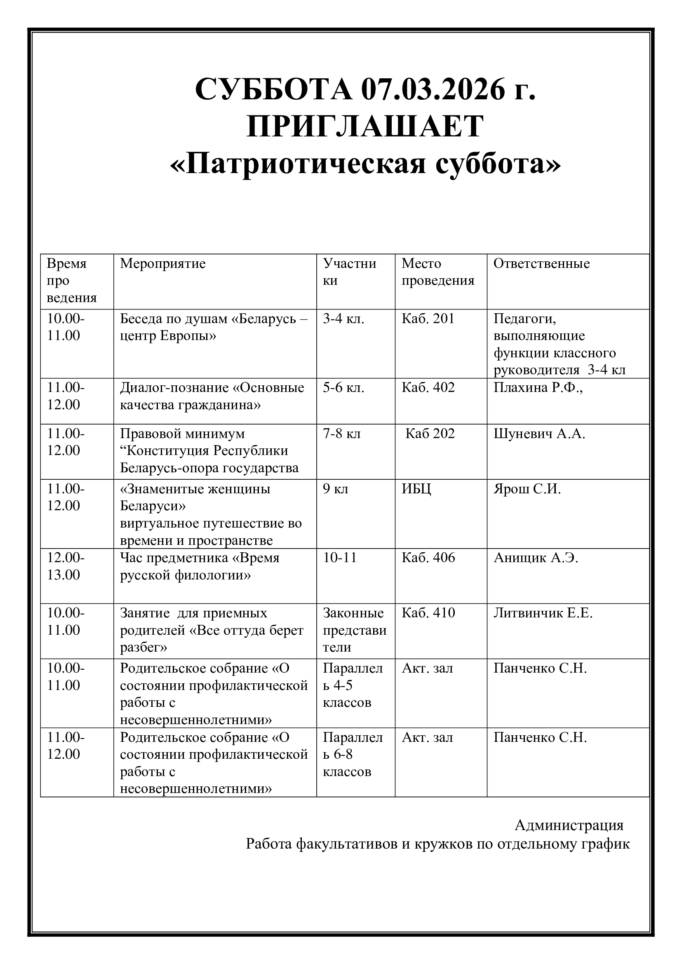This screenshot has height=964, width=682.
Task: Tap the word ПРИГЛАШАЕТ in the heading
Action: pyautogui.click(x=365, y=127)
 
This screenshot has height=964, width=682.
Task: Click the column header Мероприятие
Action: pyautogui.click(x=163, y=264)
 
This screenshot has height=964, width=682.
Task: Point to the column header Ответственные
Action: pyautogui.click(x=541, y=264)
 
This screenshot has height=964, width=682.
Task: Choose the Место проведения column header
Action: pyautogui.click(x=437, y=272)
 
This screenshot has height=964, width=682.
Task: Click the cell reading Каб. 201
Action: pyautogui.click(x=428, y=319)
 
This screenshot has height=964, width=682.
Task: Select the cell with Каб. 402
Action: pyautogui.click(x=428, y=387)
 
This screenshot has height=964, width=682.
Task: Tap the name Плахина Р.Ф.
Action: pyautogui.click(x=538, y=387)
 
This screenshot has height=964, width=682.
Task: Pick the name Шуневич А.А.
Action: pyautogui.click(x=539, y=433)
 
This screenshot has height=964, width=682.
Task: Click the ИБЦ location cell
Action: pyautogui.click(x=416, y=489)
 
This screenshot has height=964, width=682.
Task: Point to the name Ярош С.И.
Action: pyautogui.click(x=527, y=489)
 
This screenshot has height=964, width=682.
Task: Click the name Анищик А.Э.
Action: pyautogui.click(x=536, y=558)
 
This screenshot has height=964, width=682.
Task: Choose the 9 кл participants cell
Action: pyautogui.click(x=336, y=489)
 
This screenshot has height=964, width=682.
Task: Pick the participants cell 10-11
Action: pyautogui.click(x=340, y=558)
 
